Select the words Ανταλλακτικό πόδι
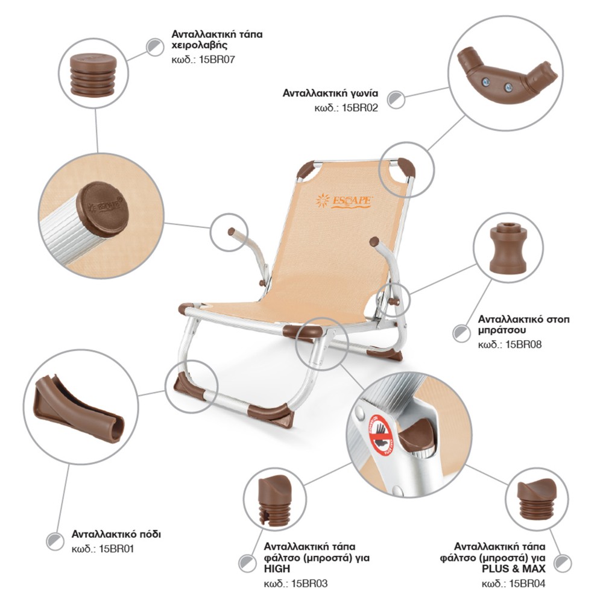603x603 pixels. tap(116, 534)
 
